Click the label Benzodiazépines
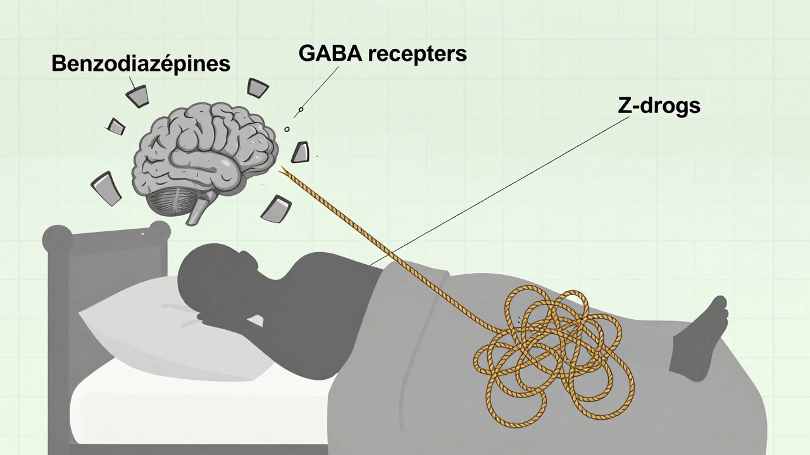[x=140, y=64]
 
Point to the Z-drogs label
[x=659, y=105]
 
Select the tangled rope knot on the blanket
[x=538, y=341]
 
